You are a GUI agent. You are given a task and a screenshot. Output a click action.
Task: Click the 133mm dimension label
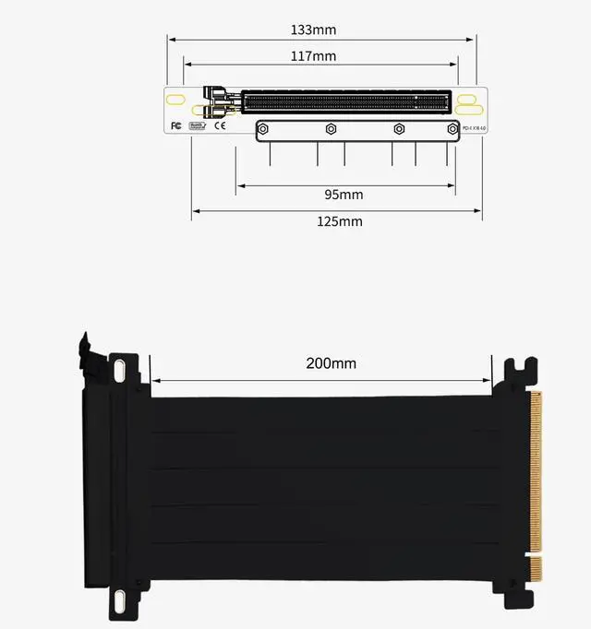pyautogui.click(x=313, y=30)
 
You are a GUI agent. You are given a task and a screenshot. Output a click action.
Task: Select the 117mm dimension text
pyautogui.click(x=313, y=56)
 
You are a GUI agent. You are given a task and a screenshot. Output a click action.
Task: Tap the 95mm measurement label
pyautogui.click(x=344, y=195)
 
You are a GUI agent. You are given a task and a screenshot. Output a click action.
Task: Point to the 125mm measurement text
pyautogui.click(x=340, y=221)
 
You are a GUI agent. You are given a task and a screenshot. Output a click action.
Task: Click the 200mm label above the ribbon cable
pyautogui.click(x=331, y=363)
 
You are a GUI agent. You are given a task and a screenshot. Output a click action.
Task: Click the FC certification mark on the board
pyautogui.click(x=175, y=125)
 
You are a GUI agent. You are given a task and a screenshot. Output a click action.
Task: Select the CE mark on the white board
pyautogui.click(x=221, y=125)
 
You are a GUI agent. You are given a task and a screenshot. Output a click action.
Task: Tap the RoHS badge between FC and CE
pyautogui.click(x=198, y=125)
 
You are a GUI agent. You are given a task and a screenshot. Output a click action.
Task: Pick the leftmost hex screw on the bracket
pyautogui.click(x=264, y=129)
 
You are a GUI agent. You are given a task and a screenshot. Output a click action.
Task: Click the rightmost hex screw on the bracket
pyautogui.click(x=452, y=129)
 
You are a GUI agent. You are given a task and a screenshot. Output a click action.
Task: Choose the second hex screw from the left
pyautogui.click(x=331, y=129)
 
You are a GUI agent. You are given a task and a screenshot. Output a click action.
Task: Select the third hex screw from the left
pyautogui.click(x=399, y=129)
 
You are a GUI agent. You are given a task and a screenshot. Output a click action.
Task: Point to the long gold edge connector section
pyautogui.click(x=537, y=470)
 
